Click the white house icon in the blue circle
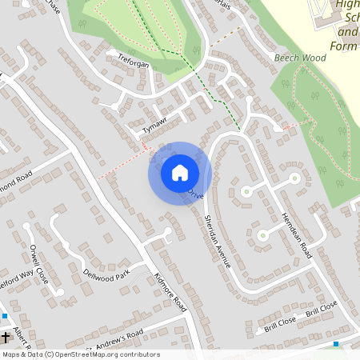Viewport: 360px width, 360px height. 179,172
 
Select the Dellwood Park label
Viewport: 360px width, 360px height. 106,275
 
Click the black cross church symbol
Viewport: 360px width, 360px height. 6,335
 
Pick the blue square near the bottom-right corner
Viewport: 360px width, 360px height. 336,344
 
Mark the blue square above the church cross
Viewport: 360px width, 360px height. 4,316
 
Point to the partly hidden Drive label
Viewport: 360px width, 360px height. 197,194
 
